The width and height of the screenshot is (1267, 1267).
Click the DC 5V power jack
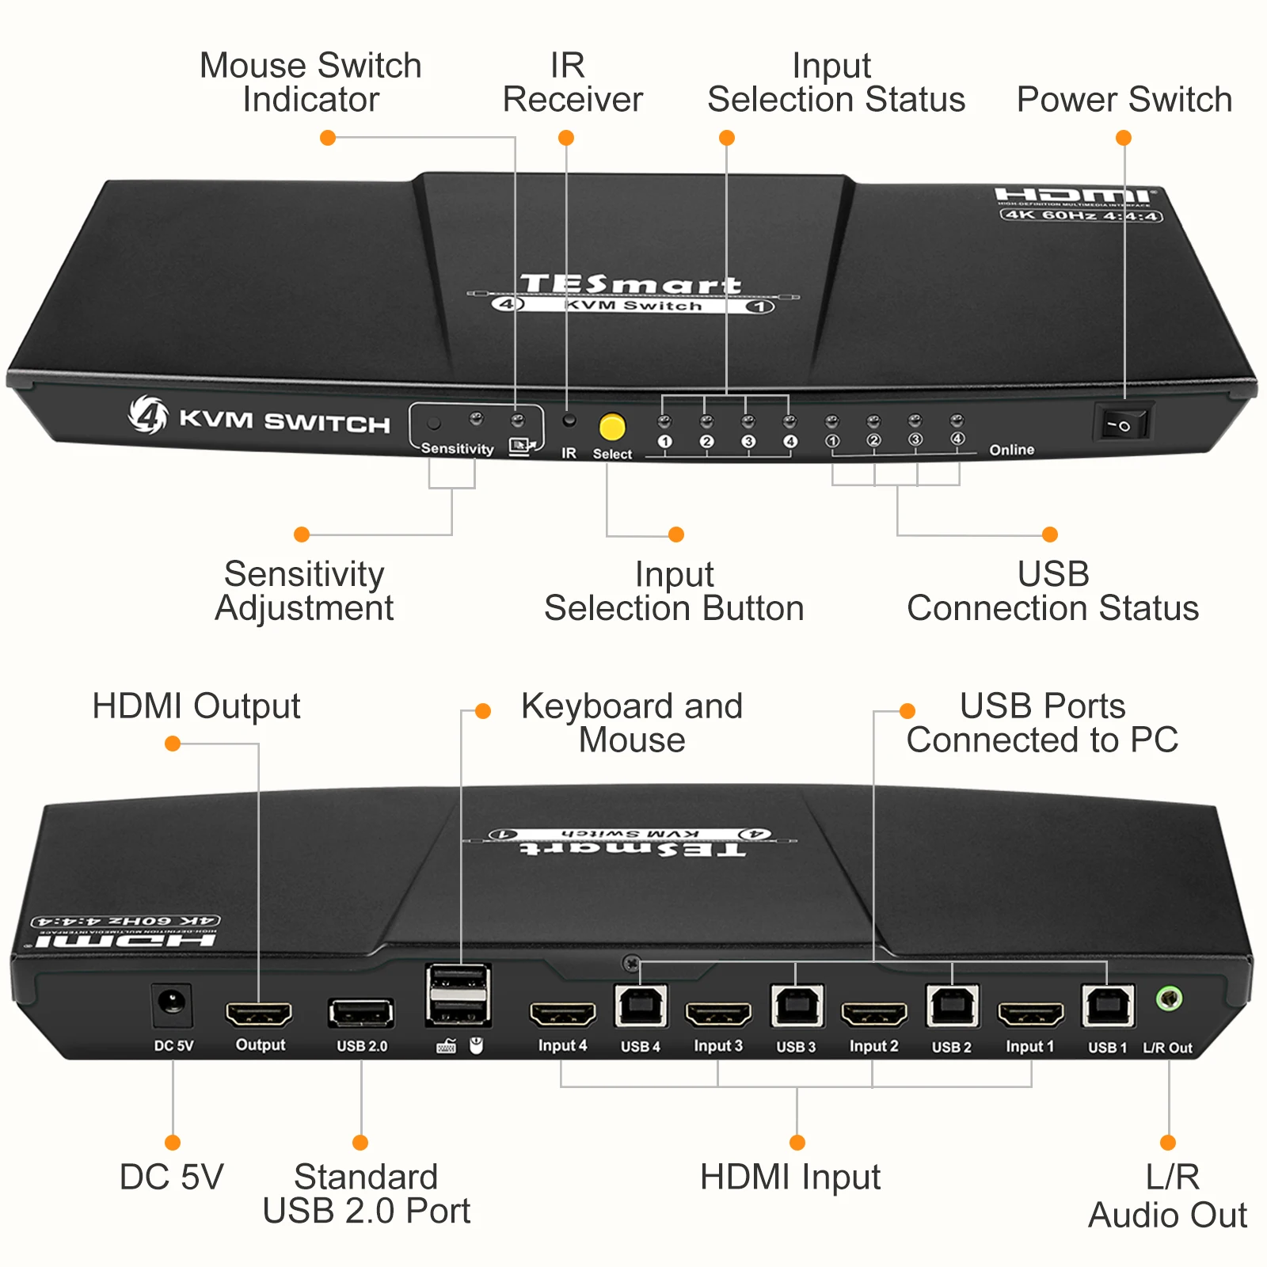coord(172,1005)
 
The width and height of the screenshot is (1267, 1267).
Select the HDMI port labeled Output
coord(259,1014)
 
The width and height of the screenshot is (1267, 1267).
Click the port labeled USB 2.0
coord(360,1014)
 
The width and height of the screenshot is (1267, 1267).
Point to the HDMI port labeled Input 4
coord(562,1014)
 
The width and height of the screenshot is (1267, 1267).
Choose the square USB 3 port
coord(796,1006)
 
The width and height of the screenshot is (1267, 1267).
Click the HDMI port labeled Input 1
coord(1030,1014)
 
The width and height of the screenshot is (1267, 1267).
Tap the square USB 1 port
coord(1107,1006)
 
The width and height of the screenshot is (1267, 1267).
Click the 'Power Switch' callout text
coord(1124,100)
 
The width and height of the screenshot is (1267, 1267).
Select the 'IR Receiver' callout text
coord(572,82)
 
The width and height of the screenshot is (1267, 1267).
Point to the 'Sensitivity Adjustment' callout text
coord(304,591)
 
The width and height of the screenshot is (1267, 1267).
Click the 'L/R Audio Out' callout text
coord(1168,1195)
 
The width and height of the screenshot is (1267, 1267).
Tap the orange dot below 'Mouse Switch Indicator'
coord(328,138)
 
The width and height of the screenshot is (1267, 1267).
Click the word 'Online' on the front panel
coord(1011,450)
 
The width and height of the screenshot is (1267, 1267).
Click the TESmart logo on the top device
coord(631,284)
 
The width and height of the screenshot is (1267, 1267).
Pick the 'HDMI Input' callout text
coord(789,1177)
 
